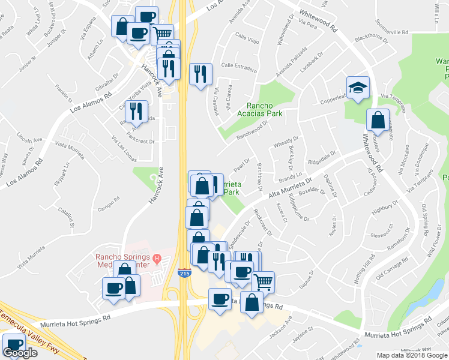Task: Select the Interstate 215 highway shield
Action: click(184, 274)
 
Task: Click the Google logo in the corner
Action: click(20, 353)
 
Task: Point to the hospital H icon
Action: click(157, 259)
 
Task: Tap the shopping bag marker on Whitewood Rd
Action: click(378, 120)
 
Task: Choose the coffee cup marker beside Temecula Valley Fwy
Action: click(14, 345)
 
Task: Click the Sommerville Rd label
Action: click(391, 31)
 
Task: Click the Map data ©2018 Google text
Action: click(411, 355)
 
